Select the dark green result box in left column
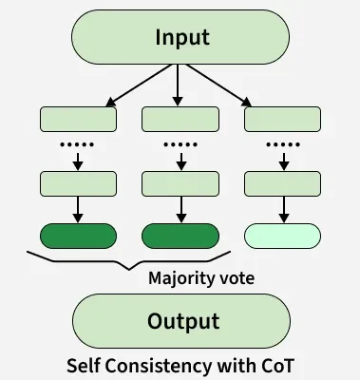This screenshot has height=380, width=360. pyautogui.click(x=77, y=236)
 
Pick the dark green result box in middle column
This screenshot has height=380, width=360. pyautogui.click(x=180, y=236)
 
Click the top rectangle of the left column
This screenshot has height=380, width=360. pyautogui.click(x=77, y=120)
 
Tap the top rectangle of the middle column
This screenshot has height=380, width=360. pyautogui.click(x=180, y=120)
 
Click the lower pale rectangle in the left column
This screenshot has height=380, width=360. pyautogui.click(x=77, y=183)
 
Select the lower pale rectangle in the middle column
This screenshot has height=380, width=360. pyautogui.click(x=180, y=183)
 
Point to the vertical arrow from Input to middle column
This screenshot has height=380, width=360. pyautogui.click(x=178, y=85)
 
